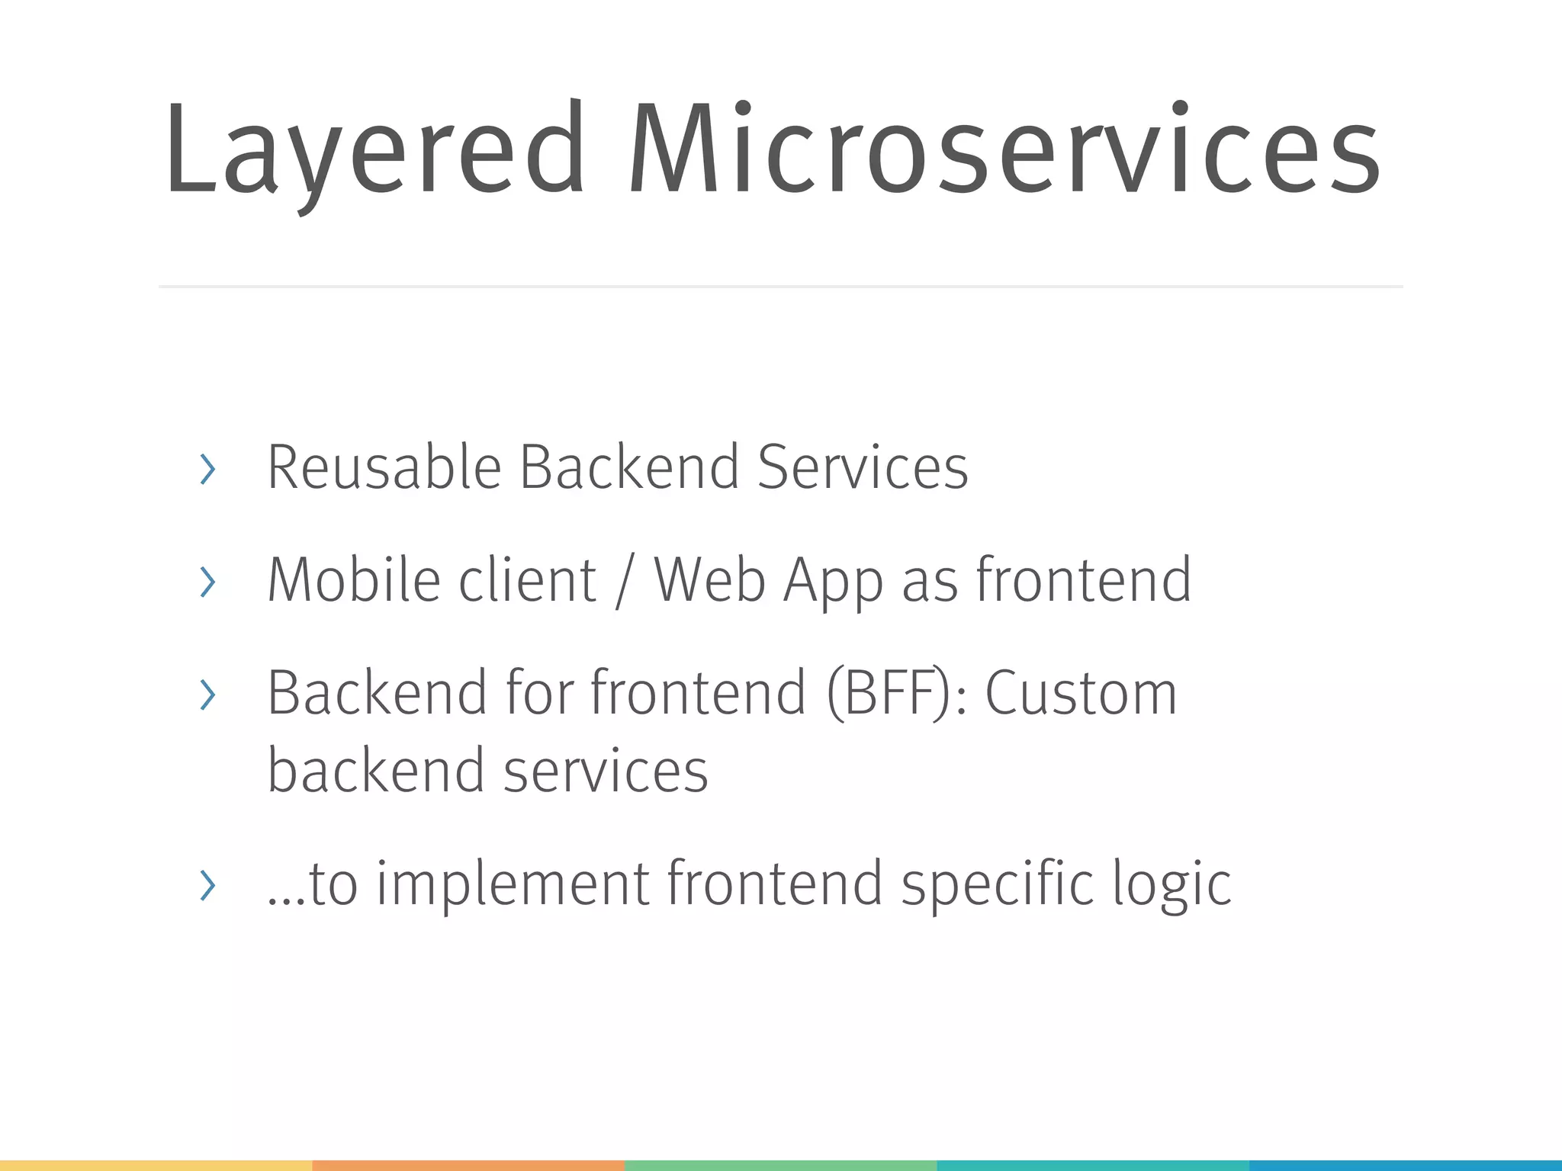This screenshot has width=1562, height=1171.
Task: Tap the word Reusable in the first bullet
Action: pos(384,467)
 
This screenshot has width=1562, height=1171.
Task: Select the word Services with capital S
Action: pos(863,467)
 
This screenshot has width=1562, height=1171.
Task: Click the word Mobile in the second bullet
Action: pos(352,579)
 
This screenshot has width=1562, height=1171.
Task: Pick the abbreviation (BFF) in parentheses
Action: pos(890,692)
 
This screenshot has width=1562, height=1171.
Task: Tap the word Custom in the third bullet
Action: pos(1081,692)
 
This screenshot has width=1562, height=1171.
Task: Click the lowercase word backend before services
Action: pos(376,770)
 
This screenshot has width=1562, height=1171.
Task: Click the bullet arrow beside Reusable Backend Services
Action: pos(207,469)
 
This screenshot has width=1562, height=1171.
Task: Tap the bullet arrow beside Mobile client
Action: pos(207,582)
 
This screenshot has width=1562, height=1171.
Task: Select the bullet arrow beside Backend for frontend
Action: pos(207,695)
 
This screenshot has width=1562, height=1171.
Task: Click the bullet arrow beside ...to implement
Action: pos(207,885)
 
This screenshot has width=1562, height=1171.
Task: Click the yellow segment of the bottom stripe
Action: pos(156,1165)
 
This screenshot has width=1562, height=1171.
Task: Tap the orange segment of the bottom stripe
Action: pos(468,1165)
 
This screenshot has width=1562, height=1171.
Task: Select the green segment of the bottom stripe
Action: pos(780,1165)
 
